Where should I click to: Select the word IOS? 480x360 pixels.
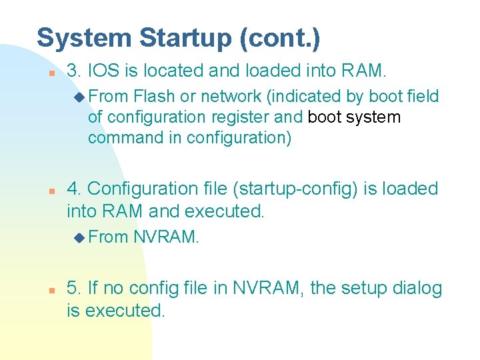coord(104,69)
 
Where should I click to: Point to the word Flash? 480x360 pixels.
coord(154,97)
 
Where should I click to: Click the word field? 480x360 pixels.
coord(422,97)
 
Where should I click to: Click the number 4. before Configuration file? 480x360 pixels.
coord(75,189)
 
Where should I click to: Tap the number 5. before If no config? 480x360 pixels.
coord(75,289)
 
